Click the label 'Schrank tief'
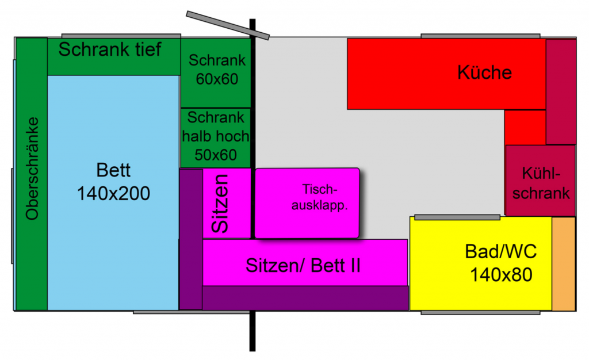tap(110, 49)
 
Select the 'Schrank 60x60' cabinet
tap(217, 70)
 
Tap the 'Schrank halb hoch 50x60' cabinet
tap(216, 136)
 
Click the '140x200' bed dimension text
tap(113, 193)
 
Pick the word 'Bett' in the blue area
tap(113, 171)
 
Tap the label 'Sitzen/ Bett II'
tap(303, 265)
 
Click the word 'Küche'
tap(484, 72)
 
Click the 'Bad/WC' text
tap(500, 252)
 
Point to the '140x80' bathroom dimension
tap(500, 275)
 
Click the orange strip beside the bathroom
tap(564, 263)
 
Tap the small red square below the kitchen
tap(525, 127)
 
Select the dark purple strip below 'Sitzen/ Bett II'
tap(305, 298)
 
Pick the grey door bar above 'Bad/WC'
tap(457, 217)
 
